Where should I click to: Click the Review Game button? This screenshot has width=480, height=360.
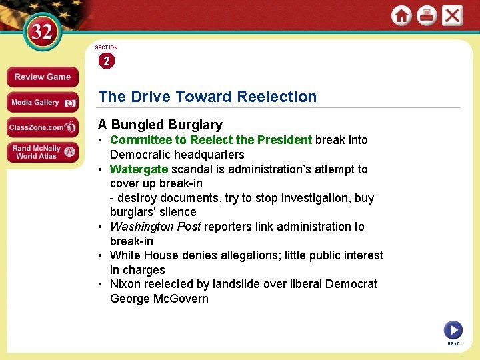42,77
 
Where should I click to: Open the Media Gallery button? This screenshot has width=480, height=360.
42,103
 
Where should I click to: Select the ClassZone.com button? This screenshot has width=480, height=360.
42,127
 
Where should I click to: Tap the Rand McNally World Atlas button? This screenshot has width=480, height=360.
42,152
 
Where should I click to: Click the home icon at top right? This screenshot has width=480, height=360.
401,15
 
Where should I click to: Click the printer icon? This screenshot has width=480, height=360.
427,15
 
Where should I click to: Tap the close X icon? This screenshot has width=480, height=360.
452,15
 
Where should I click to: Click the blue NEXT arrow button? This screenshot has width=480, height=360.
453,329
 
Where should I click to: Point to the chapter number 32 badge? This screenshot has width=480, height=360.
41,33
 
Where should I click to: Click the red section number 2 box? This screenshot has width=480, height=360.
106,61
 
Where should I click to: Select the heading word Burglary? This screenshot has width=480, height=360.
195,125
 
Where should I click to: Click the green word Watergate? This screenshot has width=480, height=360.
139,169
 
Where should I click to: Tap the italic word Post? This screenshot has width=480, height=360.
189,227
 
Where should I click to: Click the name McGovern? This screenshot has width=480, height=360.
182,299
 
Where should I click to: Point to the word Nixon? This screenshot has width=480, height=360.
125,284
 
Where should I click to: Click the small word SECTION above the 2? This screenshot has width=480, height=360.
106,48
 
